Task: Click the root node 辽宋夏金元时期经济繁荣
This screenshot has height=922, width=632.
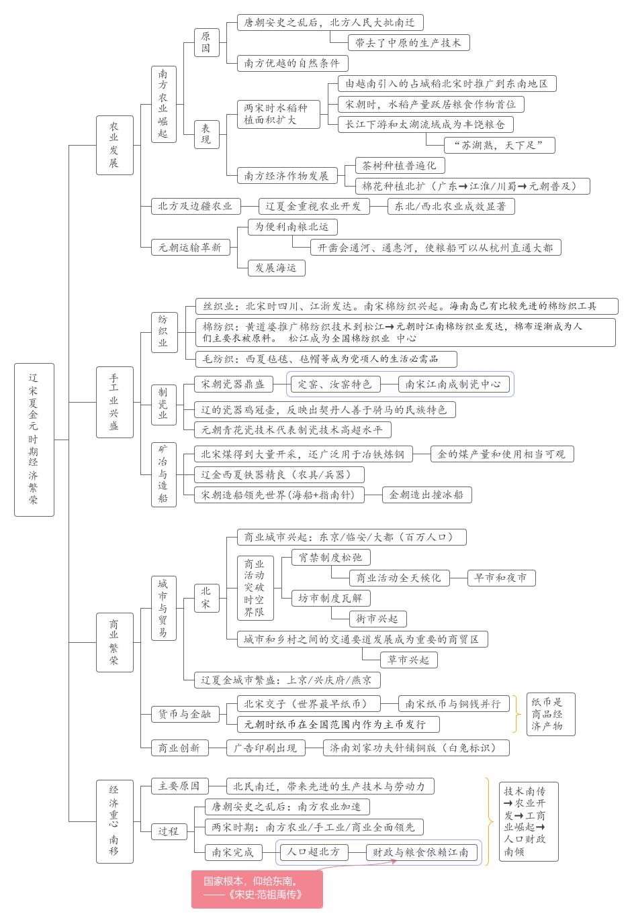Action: click(34, 440)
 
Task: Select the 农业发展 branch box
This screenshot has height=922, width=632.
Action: click(114, 145)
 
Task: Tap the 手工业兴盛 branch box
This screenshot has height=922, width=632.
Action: click(114, 402)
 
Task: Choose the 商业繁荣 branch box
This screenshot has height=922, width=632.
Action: click(114, 642)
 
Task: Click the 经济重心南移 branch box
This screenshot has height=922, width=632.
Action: click(114, 821)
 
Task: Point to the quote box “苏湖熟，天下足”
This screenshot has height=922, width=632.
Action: click(499, 145)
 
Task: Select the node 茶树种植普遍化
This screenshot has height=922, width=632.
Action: click(399, 165)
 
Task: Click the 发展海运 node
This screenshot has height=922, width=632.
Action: click(275, 268)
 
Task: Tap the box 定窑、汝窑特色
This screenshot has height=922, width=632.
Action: click(334, 384)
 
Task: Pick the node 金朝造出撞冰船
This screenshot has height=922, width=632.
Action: click(426, 495)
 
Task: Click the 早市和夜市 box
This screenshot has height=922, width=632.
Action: click(500, 578)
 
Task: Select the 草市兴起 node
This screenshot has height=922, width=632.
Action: click(409, 660)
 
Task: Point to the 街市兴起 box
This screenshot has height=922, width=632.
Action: click(377, 619)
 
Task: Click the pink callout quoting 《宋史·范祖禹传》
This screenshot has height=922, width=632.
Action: click(257, 888)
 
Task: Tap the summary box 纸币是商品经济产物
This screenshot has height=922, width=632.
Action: click(547, 714)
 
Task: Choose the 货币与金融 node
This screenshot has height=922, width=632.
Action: click(185, 715)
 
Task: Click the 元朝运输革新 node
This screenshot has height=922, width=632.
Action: click(190, 247)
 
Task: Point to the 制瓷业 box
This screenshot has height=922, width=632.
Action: click(163, 403)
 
